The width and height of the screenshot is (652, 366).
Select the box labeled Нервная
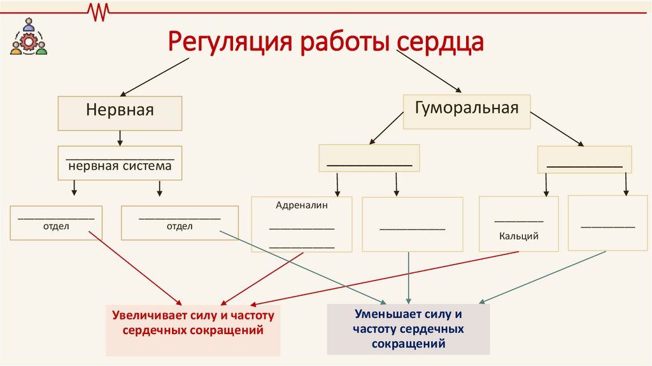120,113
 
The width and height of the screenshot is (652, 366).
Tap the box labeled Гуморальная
467,111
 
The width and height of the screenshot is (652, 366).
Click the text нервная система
120,166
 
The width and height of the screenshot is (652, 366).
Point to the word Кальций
519,236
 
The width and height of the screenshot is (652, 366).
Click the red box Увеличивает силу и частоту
193,330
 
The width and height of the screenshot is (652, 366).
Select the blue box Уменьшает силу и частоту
408,329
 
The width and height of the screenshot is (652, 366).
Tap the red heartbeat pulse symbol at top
99,11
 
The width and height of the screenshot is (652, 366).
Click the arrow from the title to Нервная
153,77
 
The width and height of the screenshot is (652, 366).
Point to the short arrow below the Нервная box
120,138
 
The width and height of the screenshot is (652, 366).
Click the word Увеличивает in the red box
144,316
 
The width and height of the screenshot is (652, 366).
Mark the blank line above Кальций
519,220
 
